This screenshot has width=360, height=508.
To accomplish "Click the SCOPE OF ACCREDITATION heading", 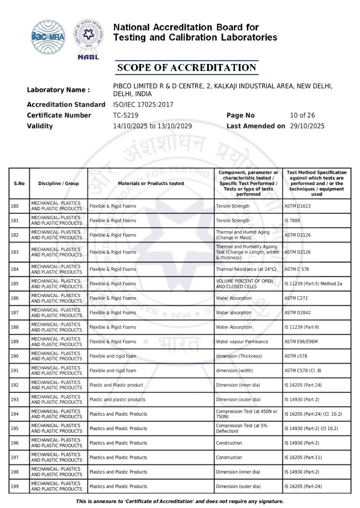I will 186,68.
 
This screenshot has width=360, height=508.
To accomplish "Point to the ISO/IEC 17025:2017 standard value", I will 144,105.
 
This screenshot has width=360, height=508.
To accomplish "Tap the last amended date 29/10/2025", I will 307,126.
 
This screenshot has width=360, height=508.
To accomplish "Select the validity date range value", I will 152,126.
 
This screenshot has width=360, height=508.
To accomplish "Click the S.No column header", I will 19,184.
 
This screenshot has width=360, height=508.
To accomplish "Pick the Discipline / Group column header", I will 59,184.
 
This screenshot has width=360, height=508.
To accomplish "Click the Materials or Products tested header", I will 151,184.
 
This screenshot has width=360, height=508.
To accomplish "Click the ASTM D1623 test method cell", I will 297,206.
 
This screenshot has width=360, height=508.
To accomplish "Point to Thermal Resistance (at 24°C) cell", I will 246,269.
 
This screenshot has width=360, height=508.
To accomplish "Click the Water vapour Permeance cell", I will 242,342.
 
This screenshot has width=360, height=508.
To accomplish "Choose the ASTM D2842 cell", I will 298,313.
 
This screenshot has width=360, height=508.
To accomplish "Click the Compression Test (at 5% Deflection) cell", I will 240,429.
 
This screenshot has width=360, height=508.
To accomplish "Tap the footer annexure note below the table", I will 180,502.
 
